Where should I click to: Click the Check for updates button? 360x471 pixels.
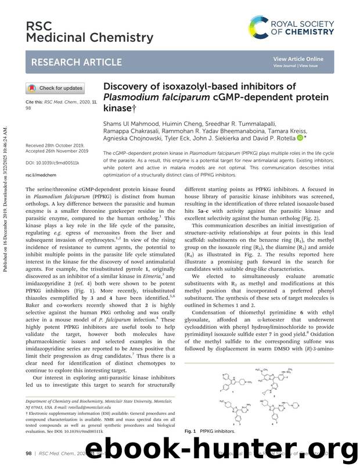click(x=55, y=88)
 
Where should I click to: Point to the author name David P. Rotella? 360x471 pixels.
click(x=270, y=139)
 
